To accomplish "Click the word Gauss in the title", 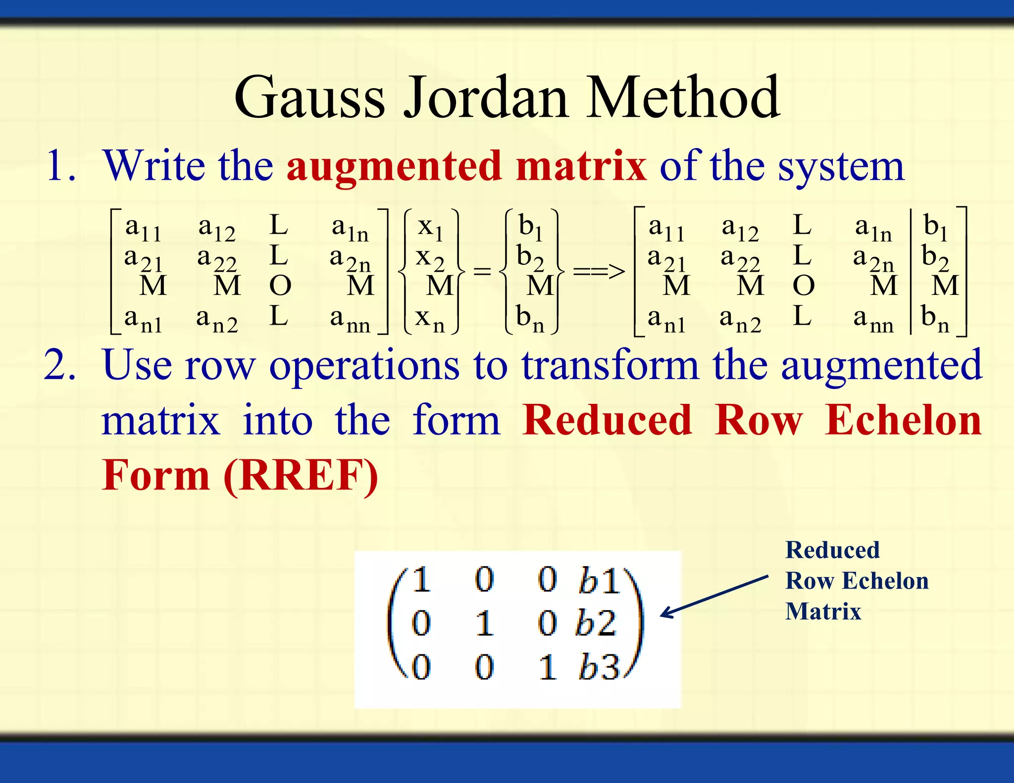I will [x=309, y=98].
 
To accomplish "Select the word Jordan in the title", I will [x=486, y=98].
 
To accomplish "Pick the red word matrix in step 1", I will [x=581, y=166].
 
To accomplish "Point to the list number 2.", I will [x=59, y=365].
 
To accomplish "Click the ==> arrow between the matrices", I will [x=599, y=271].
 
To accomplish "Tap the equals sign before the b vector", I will [x=482, y=271].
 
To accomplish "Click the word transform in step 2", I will [x=610, y=365].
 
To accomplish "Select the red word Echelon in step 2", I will [x=903, y=421].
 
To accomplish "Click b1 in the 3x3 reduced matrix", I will [x=598, y=580].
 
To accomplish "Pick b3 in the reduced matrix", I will [x=598, y=667].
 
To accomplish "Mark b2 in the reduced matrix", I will [x=596, y=623].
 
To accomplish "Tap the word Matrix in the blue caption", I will [x=823, y=612].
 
